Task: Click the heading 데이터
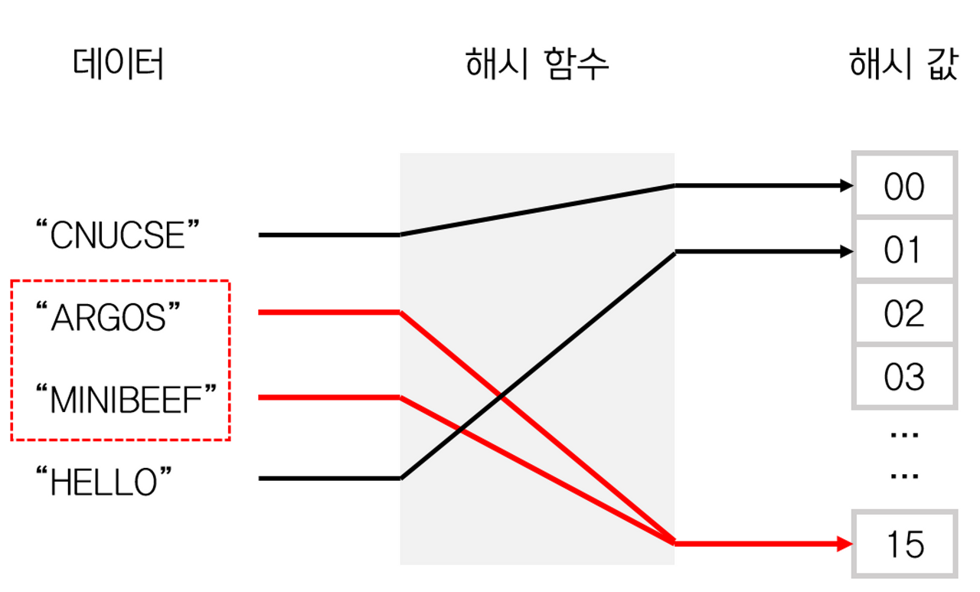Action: pos(119,64)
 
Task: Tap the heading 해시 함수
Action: pos(537,64)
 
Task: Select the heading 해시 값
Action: pos(903,64)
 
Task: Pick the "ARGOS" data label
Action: pos(112,317)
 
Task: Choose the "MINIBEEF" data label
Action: pos(127,400)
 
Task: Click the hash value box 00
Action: pos(904,186)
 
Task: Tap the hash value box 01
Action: pos(904,250)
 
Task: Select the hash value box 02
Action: pos(904,314)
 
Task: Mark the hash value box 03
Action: pos(904,378)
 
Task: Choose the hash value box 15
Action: pos(904,545)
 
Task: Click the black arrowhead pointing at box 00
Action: pos(845,185)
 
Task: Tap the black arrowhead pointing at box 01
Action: pos(845,250)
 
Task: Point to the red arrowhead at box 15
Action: pos(845,545)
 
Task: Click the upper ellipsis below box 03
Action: pos(904,435)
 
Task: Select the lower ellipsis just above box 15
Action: pos(904,476)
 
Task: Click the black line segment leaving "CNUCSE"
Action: pos(329,235)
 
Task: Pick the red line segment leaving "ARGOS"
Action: pos(329,312)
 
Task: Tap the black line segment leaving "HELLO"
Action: pos(329,479)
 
